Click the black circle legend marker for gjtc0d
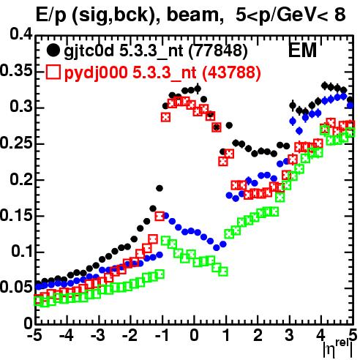point(53,51)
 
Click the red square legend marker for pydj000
point(53,72)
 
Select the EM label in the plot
point(302,50)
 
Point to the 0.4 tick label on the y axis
point(21,34)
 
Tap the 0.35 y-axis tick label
point(16,71)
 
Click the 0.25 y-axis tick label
point(16,143)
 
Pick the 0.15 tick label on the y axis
point(16,216)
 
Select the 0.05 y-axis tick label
point(16,288)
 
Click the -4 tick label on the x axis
point(67,336)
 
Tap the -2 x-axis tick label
point(130,336)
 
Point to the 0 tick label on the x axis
point(194,336)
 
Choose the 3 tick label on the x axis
point(290,336)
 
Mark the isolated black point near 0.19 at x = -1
point(160,188)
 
